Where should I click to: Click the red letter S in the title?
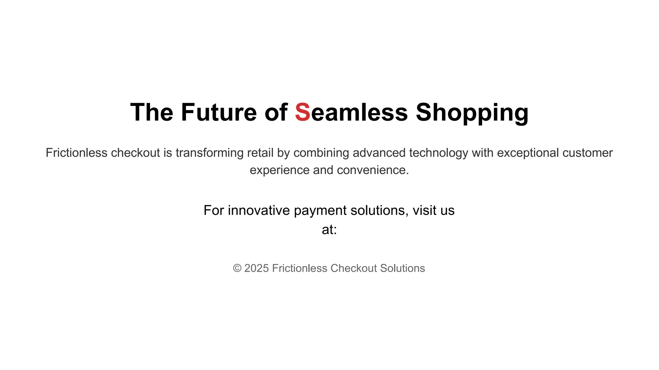[x=302, y=112]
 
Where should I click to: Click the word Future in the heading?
[x=219, y=112]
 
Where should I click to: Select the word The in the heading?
[x=152, y=112]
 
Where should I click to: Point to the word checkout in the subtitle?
[x=135, y=153]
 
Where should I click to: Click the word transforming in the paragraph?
[x=209, y=153]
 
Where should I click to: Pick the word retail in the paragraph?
[x=260, y=153]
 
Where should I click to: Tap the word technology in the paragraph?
[x=439, y=153]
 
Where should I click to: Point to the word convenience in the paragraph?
[x=373, y=170]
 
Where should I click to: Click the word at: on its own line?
[x=329, y=230]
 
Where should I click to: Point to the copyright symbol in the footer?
[x=237, y=269]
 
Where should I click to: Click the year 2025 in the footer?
[x=256, y=269]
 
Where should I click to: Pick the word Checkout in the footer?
[x=354, y=269]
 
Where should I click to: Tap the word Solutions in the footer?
[x=403, y=269]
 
